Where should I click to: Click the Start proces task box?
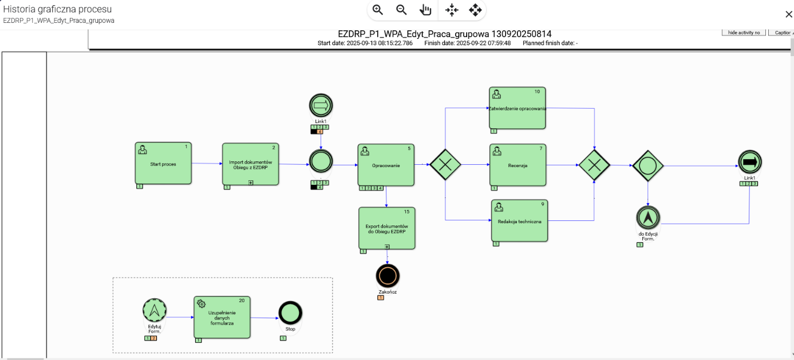[163, 164]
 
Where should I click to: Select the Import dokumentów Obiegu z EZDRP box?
[250, 164]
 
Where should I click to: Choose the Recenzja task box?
[518, 165]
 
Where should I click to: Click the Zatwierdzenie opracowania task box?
[517, 108]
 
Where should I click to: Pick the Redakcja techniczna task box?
[519, 221]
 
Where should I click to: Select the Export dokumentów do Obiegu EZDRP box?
[386, 228]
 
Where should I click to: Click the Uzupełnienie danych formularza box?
[222, 317]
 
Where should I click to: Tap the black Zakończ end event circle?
[387, 276]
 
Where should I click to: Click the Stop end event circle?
[290, 313]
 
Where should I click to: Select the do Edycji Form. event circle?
[647, 217]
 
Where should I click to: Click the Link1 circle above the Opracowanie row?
[321, 105]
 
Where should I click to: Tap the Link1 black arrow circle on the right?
[750, 163]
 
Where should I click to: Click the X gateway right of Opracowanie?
[445, 165]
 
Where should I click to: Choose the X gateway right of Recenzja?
[594, 165]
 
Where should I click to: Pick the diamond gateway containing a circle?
[647, 165]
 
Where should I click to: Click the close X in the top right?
[788, 14]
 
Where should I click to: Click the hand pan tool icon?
[425, 10]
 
